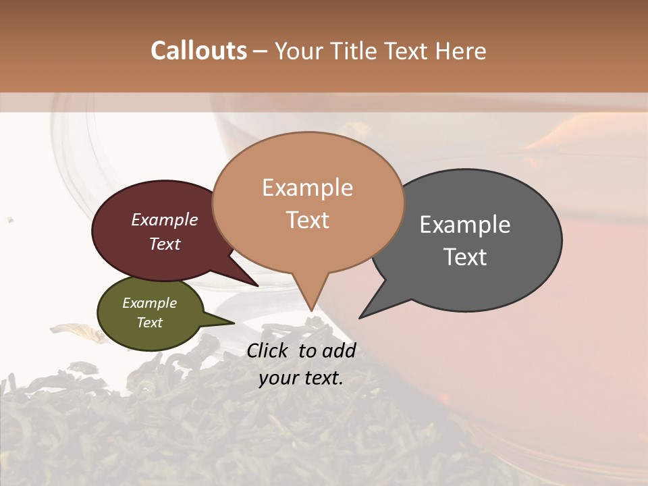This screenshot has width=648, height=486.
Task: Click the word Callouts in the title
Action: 198,51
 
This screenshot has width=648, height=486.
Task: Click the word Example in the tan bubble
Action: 307,188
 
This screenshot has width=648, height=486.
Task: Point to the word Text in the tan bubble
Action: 307,220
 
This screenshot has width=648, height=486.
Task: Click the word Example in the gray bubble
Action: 465,225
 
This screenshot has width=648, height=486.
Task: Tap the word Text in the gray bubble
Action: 465,257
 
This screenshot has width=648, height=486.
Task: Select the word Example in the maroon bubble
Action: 165,220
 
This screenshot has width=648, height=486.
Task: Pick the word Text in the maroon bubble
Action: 165,244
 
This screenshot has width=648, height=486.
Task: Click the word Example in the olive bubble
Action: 149,303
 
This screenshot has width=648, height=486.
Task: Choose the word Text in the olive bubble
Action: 149,323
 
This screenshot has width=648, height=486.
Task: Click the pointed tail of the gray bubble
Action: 362,316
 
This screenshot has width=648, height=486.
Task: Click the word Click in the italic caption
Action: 269,350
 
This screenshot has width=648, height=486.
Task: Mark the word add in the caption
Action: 339,350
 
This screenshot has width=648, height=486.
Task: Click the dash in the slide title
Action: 261,51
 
